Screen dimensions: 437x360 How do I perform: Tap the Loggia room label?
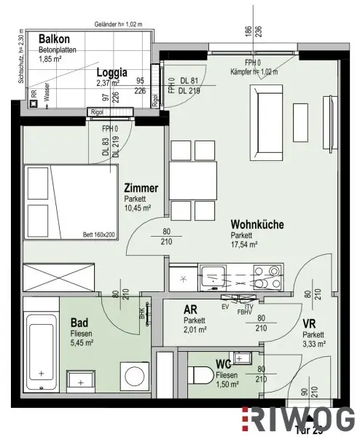click(112, 72)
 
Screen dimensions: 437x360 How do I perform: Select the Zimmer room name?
click(141, 188)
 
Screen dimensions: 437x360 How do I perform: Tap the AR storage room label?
click(190, 310)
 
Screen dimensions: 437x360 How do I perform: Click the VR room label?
click(310, 324)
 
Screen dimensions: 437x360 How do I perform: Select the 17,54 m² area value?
click(246, 245)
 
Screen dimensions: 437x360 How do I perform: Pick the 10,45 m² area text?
click(138, 208)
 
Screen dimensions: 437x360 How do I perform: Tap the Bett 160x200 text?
click(99, 235)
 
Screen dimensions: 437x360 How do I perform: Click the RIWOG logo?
click(300, 419)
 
